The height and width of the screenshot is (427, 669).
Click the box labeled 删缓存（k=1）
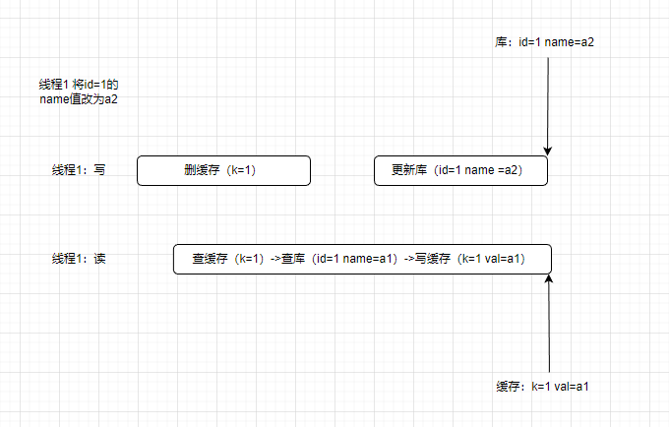tap(223, 170)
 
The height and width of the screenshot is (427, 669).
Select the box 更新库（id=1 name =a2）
tap(459, 170)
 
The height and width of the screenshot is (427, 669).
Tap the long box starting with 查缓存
tap(362, 259)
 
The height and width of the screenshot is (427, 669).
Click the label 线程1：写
tap(79, 170)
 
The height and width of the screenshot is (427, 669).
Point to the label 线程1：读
tap(79, 259)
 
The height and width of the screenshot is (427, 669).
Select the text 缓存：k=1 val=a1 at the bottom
tap(543, 387)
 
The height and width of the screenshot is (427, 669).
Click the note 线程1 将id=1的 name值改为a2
tap(78, 92)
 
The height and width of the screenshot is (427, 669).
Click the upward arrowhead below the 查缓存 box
tap(548, 280)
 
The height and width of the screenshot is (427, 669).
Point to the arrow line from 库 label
tap(548, 98)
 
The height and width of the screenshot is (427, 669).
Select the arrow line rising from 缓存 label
tap(548, 330)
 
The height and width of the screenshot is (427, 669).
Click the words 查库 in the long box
tap(293, 259)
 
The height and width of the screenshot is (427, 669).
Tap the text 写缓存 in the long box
tap(433, 259)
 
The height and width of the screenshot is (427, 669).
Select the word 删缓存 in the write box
tap(201, 170)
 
